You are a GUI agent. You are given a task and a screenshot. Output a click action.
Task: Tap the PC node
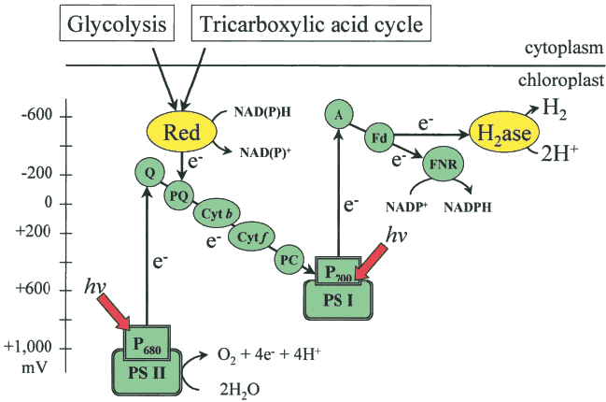point(289,257)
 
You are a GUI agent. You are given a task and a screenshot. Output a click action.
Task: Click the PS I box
point(340,301)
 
